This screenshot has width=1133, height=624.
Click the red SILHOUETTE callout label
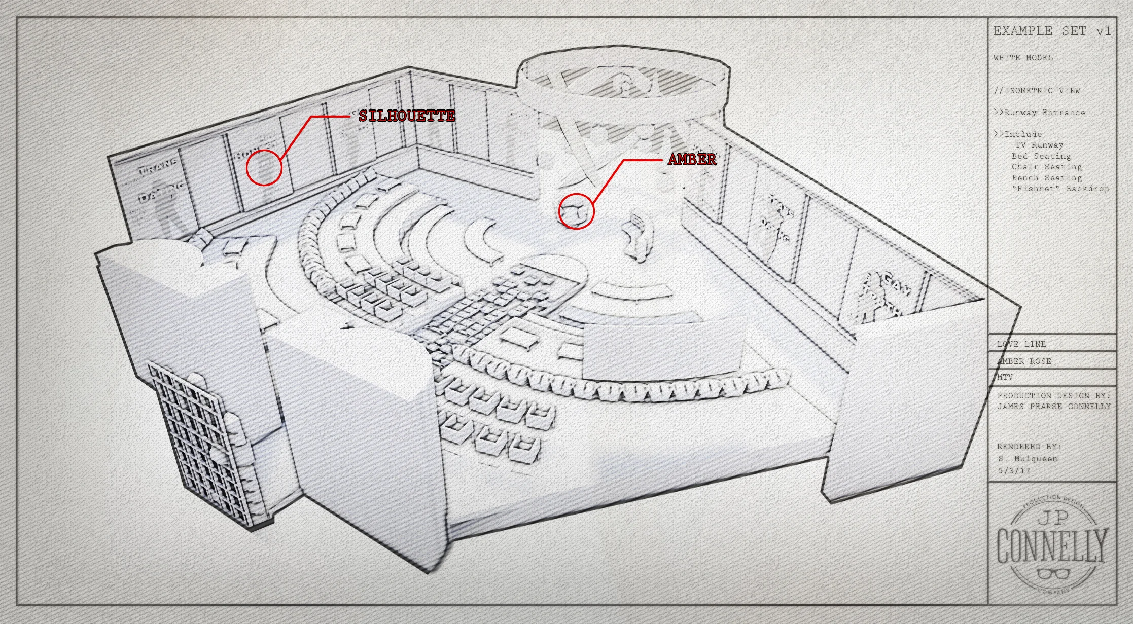coord(407,116)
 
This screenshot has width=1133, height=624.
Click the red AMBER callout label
coord(692,159)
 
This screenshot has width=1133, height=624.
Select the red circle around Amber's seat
coord(576,211)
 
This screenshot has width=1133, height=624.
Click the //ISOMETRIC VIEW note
coord(1037,91)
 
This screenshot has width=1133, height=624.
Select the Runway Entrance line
coord(1040,113)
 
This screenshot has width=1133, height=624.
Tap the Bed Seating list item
coord(1041,156)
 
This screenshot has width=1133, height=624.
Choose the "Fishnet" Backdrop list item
coord(1060,189)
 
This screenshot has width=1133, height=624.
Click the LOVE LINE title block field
coord(1021,344)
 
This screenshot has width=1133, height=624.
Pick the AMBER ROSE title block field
coord(1024,361)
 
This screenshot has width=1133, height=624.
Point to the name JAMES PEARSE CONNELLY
coord(1054,407)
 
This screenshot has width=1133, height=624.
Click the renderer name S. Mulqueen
coord(1028,459)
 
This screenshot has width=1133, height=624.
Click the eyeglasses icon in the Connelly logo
coord(1053,574)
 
